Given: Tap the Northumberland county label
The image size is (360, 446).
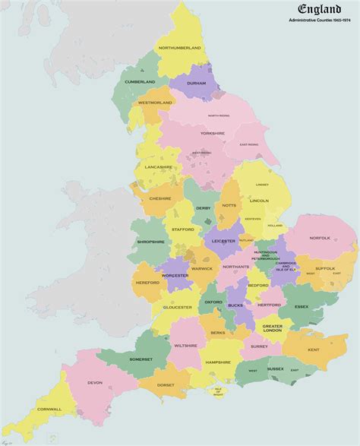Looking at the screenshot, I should click(179, 48).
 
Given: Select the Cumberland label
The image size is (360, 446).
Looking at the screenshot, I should click(140, 81).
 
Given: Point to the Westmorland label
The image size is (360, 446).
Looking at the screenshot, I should click(155, 102).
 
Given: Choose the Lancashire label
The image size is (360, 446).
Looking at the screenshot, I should click(158, 166).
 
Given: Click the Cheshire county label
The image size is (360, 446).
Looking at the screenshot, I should click(160, 198).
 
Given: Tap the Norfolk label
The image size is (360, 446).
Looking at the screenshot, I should click(320, 237).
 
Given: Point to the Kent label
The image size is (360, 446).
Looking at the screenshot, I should click(313, 349).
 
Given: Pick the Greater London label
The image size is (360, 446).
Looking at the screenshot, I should click(272, 328).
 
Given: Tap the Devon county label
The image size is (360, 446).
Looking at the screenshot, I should click(95, 382).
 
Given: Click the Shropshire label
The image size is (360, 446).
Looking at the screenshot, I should click(151, 242).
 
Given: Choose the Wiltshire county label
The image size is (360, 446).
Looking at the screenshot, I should click(185, 346).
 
